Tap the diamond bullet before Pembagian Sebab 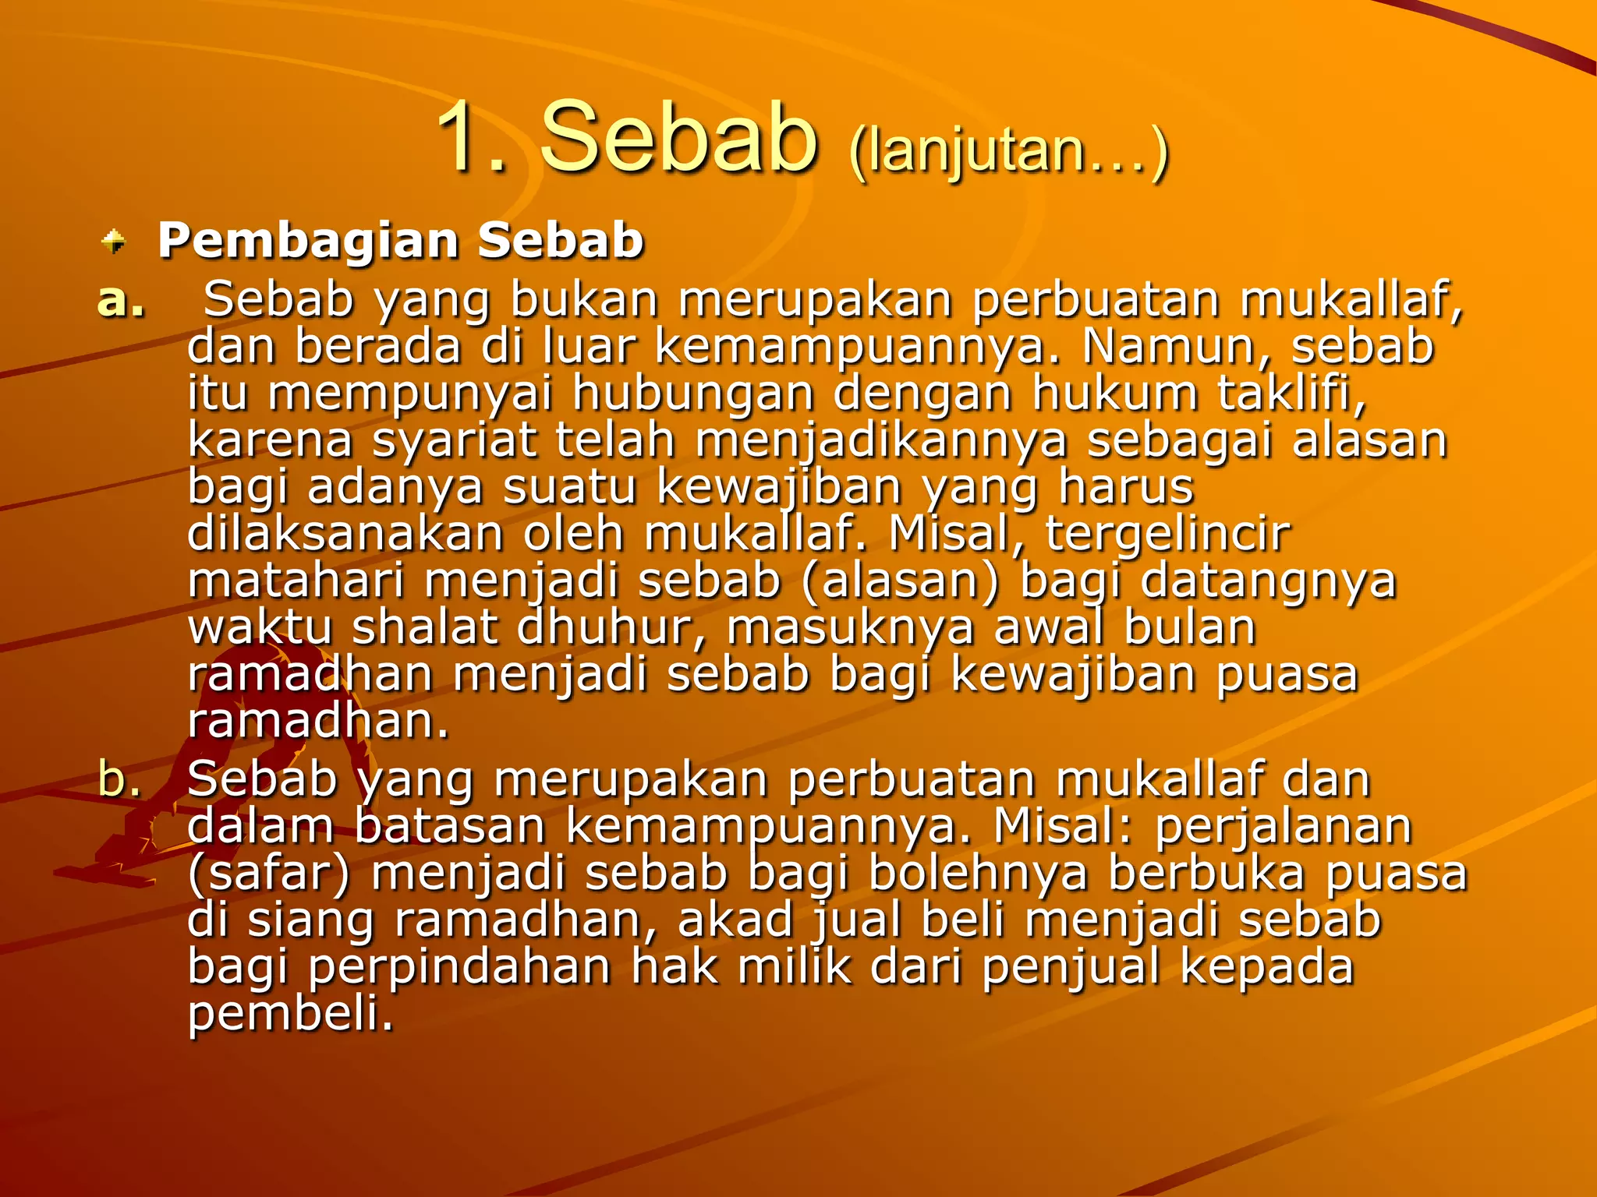pos(114,241)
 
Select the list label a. pos(122,301)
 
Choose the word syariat pos(454,441)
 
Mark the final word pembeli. pos(290,1015)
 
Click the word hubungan pos(694,394)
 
